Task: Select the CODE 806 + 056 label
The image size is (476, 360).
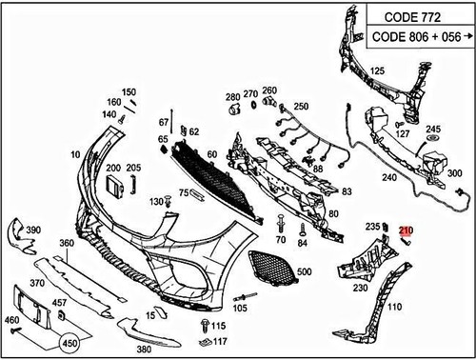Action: (x=416, y=38)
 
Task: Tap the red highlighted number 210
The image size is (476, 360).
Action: (x=407, y=230)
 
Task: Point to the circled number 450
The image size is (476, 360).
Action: (x=69, y=342)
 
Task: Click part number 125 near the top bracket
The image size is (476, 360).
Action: (x=378, y=71)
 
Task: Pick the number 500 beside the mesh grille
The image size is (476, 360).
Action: (x=304, y=272)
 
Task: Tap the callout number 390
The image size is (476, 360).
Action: (x=32, y=230)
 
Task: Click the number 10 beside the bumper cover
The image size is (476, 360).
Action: (x=74, y=154)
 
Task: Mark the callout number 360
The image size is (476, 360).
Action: (x=67, y=244)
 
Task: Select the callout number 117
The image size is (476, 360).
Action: (x=220, y=340)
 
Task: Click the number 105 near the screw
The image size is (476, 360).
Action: (x=241, y=308)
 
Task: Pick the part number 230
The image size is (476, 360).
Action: (x=361, y=287)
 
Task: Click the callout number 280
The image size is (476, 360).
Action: (x=233, y=97)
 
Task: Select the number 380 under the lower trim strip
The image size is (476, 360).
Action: (x=145, y=349)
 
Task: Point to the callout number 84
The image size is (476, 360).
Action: (x=302, y=243)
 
